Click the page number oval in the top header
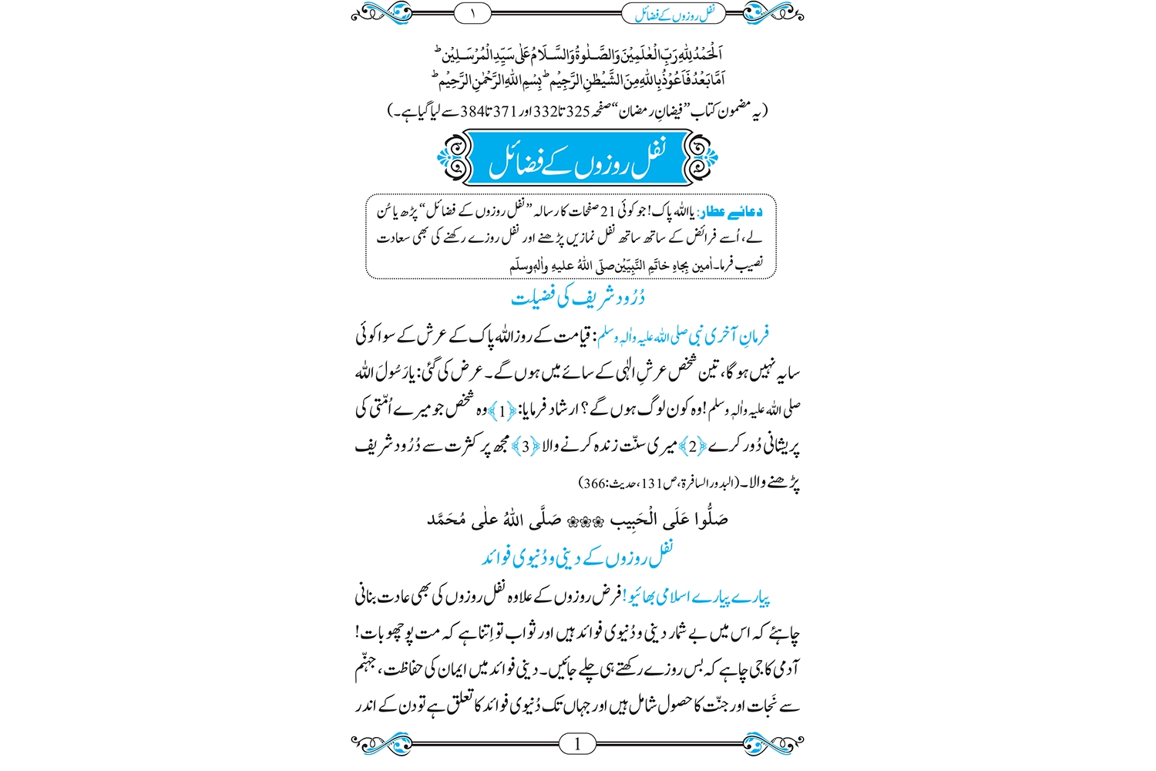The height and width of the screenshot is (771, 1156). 473,12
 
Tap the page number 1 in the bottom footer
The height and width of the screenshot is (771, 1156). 577,743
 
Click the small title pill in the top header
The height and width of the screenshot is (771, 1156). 674,13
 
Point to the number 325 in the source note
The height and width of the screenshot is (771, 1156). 578,112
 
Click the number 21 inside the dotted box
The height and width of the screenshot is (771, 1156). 608,211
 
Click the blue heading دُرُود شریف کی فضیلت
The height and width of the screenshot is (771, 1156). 577,297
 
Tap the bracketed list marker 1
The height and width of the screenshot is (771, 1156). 502,411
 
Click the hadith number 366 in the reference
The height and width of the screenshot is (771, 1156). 594,484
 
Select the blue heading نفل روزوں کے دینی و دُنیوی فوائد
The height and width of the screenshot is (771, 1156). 577,556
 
